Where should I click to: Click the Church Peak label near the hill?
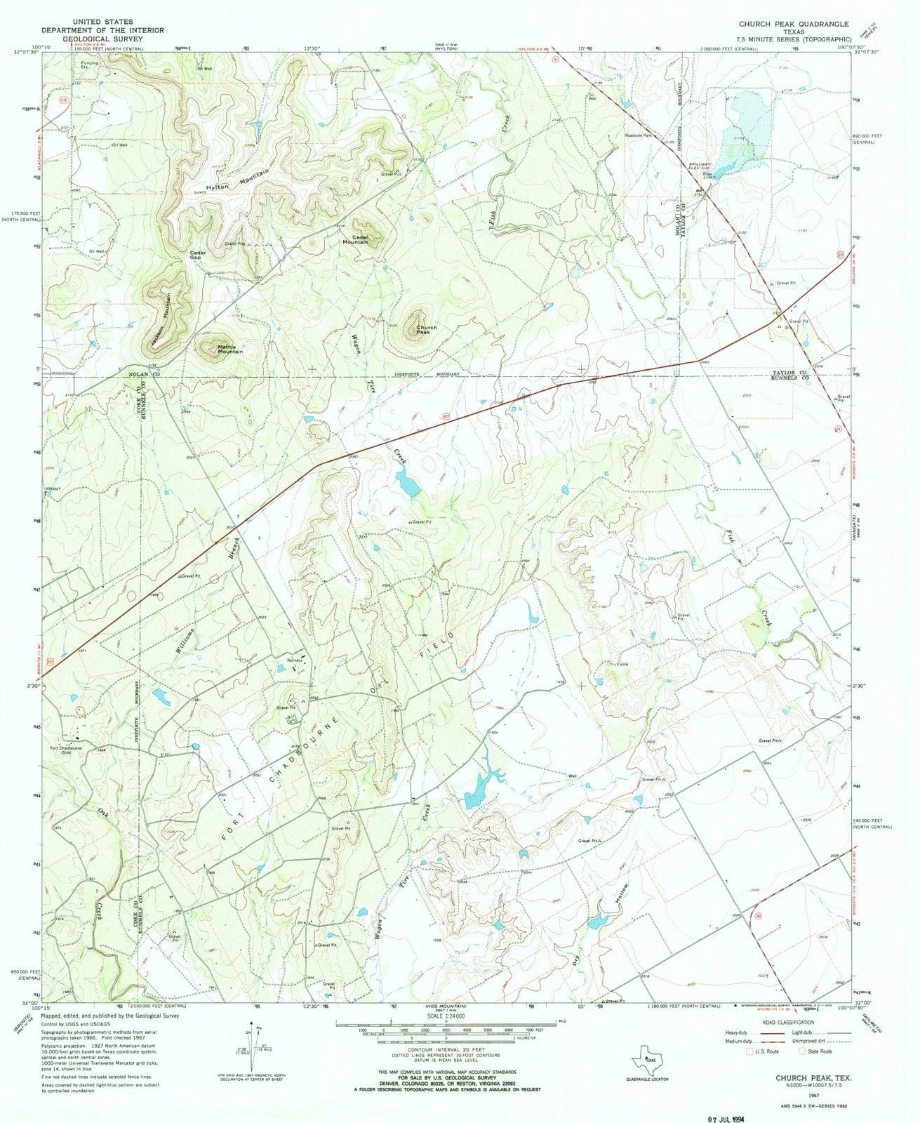click(427, 330)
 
